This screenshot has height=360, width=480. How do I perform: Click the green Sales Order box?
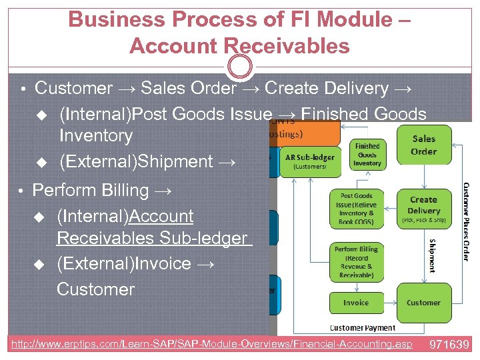click(x=423, y=145)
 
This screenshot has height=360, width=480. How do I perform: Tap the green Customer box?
click(x=423, y=302)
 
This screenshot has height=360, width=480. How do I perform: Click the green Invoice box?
click(x=355, y=302)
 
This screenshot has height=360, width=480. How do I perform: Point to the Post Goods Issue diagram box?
click(x=355, y=208)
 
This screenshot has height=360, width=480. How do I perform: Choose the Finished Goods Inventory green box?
click(x=367, y=155)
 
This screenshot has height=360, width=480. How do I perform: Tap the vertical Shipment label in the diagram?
click(x=432, y=256)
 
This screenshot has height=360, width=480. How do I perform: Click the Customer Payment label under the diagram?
click(x=363, y=327)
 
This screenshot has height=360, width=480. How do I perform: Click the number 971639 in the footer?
click(x=450, y=345)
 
